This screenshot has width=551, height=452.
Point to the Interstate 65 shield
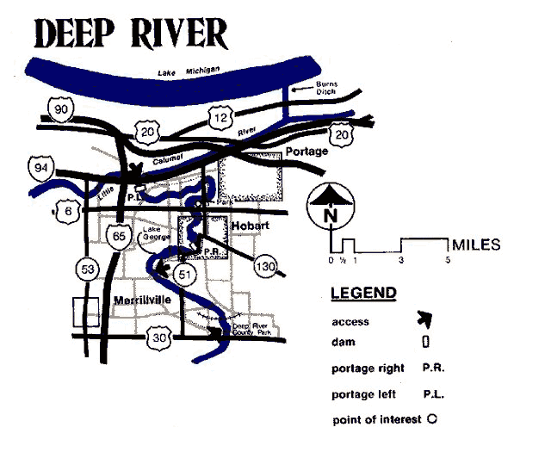tap(118, 238)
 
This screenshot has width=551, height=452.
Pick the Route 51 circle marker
tap(183, 274)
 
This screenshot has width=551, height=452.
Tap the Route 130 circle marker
tap(266, 268)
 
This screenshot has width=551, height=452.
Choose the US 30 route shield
tap(157, 337)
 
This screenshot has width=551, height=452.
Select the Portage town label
tap(306, 152)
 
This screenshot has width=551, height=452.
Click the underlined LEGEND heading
tap(363, 294)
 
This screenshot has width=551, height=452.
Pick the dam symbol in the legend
tap(425, 342)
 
